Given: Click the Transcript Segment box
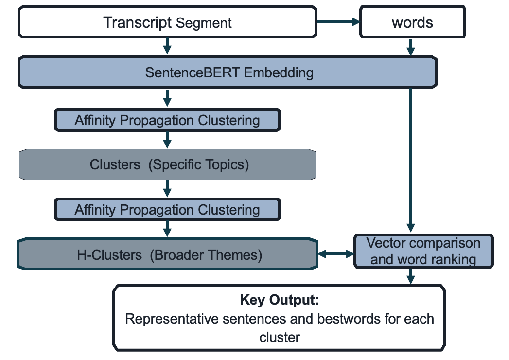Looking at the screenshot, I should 167,23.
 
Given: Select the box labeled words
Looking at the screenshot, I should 412,23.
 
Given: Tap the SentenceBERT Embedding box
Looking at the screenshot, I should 228,73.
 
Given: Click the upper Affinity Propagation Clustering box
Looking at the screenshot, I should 167,120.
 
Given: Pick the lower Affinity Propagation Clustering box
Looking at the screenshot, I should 167,210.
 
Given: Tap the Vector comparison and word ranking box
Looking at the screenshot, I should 423,251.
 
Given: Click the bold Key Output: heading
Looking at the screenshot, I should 280,300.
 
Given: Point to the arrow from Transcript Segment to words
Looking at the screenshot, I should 337,22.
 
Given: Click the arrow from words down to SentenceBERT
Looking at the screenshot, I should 411,47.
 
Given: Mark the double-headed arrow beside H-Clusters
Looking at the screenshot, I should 335,254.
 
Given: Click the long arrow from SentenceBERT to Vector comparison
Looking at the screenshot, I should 411,161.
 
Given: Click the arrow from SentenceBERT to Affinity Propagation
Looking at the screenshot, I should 167,98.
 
